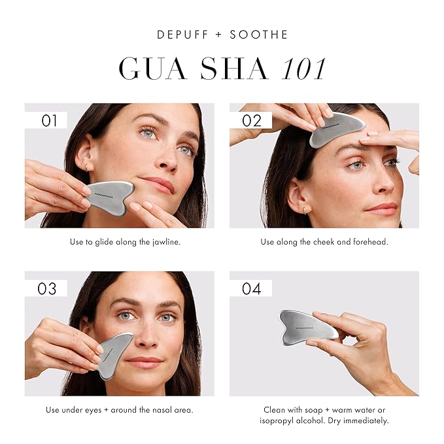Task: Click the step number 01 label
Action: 50,120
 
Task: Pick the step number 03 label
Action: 46,288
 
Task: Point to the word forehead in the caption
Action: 371,242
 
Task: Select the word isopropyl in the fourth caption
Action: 283,420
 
